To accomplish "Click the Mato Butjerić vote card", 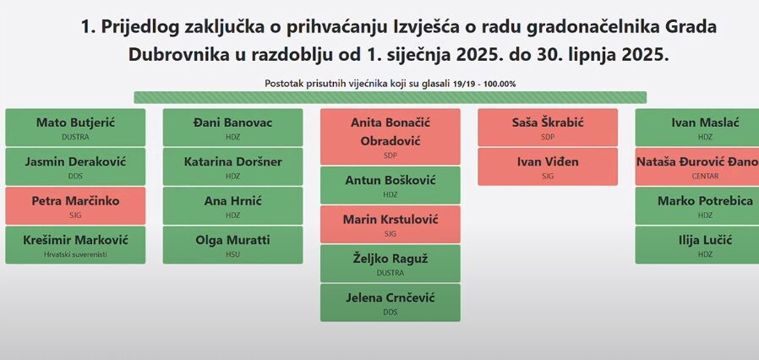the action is coord(75,128).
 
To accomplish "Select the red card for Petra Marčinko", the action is coord(75,205).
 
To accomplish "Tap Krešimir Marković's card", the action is coord(75,245).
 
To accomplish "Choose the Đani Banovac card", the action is coord(232,128).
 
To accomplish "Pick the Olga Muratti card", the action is coord(232,245).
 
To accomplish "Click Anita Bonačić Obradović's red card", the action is coord(390,136).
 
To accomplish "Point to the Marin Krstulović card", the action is coord(390,224).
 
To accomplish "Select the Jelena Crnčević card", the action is coord(390,303).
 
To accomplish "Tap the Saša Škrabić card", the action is coord(548,128).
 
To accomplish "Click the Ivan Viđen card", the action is coord(548,166).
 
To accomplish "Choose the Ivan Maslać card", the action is coord(697,128).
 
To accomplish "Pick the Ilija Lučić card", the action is coord(697,245).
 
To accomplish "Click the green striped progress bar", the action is coord(390,97).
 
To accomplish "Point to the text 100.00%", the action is coord(499,84).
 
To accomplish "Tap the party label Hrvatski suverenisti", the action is coord(75,254).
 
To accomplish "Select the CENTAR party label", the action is coord(705,176).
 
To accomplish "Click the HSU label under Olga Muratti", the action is coord(232,254).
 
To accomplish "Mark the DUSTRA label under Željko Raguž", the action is coord(390,273).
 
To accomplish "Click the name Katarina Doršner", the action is coord(232,161).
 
